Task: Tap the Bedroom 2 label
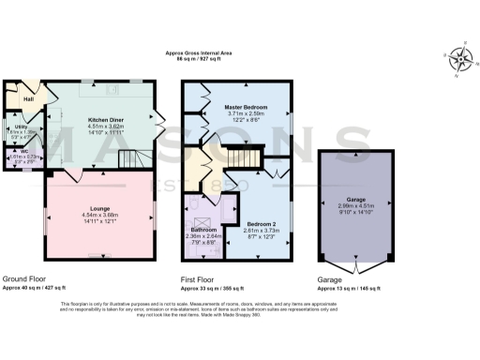click(x=260, y=225)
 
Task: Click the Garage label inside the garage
click(x=354, y=200)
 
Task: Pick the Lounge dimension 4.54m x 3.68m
click(x=100, y=218)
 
